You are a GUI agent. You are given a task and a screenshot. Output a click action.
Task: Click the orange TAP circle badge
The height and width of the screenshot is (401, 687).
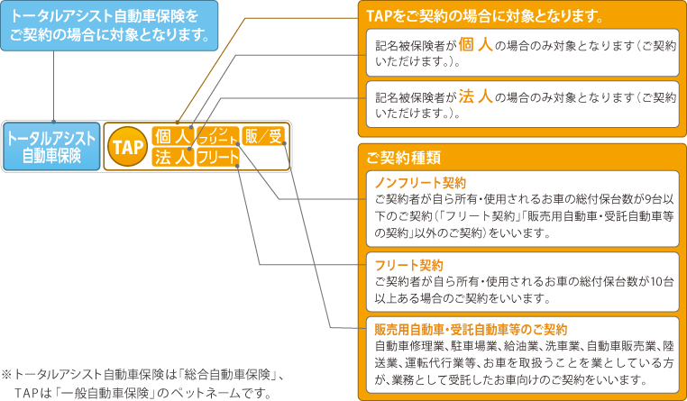pyautogui.click(x=127, y=147)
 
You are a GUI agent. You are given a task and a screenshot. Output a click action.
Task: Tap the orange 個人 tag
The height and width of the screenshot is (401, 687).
pyautogui.click(x=171, y=137)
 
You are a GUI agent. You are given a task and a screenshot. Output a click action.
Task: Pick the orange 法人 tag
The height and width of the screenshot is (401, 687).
pyautogui.click(x=171, y=158)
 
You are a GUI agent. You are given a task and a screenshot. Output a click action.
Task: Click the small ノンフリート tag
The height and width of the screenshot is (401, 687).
pyautogui.click(x=217, y=137)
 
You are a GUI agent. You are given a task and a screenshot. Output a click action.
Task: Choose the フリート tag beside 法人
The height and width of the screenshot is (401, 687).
pyautogui.click(x=217, y=158)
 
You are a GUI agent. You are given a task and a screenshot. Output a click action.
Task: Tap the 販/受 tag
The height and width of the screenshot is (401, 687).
pyautogui.click(x=265, y=137)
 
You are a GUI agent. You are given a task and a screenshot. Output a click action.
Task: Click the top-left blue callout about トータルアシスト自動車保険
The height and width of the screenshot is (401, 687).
pyautogui.click(x=109, y=26)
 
